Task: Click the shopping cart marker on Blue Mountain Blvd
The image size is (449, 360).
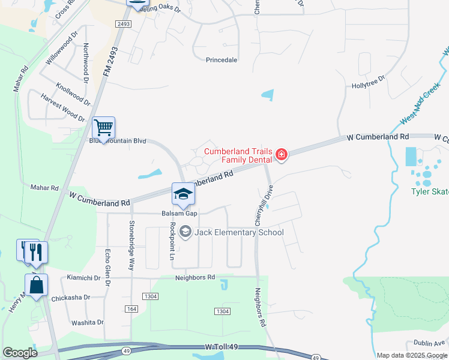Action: click(x=104, y=128)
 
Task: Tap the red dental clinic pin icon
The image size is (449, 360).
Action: click(x=281, y=155)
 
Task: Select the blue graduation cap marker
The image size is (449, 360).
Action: click(x=184, y=194)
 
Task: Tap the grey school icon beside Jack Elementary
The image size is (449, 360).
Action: click(x=185, y=232)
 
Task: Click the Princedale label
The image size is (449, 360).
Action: click(x=221, y=60)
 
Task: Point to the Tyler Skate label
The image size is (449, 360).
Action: click(x=429, y=192)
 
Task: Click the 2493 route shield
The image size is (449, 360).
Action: click(x=124, y=24)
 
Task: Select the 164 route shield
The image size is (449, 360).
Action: click(x=131, y=308)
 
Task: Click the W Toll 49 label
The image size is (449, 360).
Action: click(x=227, y=347)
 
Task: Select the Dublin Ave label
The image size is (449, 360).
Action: click(x=428, y=343)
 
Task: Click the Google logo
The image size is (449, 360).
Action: click(x=20, y=353)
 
